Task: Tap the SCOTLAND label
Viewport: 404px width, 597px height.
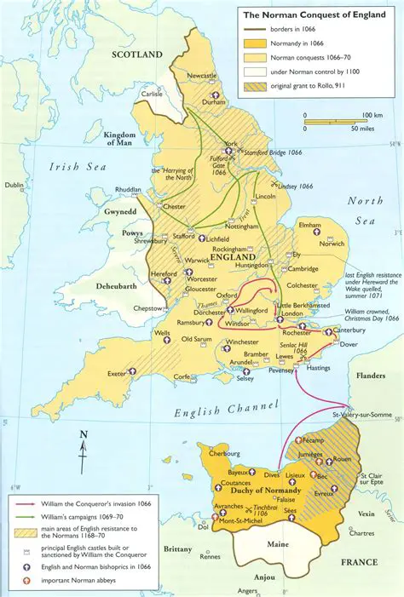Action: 136,55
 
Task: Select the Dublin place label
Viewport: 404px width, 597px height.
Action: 14,185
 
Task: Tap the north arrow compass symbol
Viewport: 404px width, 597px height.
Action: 83,449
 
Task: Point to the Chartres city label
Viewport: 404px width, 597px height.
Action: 361,533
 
